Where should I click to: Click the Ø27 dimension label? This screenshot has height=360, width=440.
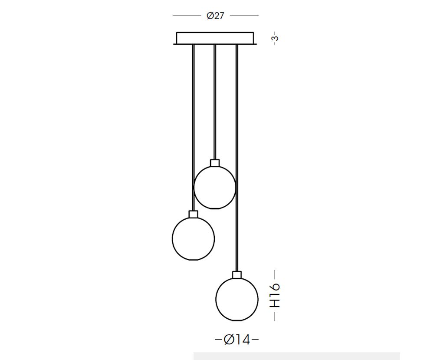coord(215,16)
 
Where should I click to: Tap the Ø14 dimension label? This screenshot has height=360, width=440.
coord(237,340)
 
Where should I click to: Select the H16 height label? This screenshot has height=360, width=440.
coord(275,295)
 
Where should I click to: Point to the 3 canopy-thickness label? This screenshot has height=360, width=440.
coord(275,37)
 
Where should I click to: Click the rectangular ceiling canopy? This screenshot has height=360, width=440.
coord(215,39)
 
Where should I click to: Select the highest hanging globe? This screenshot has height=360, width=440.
coord(215,187)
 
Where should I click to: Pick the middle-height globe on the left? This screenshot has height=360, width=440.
coord(194,239)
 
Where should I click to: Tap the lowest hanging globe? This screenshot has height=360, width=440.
coord(237,299)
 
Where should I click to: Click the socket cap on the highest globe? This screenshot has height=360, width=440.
coord(215,163)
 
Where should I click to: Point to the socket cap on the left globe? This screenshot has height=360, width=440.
coord(194,214)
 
